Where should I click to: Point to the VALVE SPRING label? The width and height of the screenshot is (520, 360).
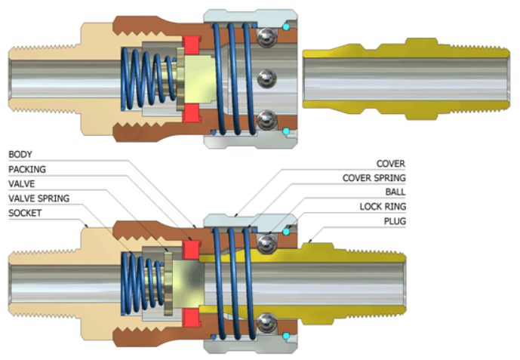38,198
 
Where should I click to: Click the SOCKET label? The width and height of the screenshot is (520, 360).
24,213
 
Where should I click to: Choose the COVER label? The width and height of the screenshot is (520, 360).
390,163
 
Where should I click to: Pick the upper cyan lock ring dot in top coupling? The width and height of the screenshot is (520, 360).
286,28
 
